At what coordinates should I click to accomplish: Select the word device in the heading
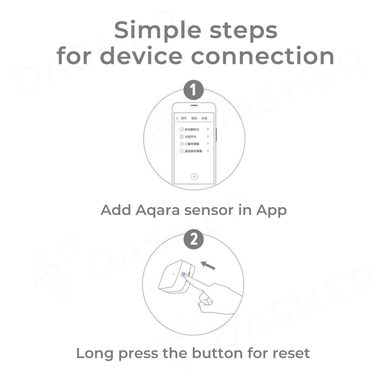coord(144,56)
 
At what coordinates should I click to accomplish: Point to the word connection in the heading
coord(262,56)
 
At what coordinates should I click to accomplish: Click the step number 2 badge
coord(194,239)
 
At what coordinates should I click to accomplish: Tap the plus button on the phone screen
coord(194,177)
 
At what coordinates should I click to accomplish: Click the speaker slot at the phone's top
coord(194,105)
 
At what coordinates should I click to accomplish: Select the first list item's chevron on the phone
coord(208,129)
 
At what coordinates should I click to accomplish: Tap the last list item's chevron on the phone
coord(208,151)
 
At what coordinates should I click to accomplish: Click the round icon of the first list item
coord(181,129)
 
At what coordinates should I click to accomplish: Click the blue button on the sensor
coord(184,275)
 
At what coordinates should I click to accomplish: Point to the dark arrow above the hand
coord(209,266)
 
